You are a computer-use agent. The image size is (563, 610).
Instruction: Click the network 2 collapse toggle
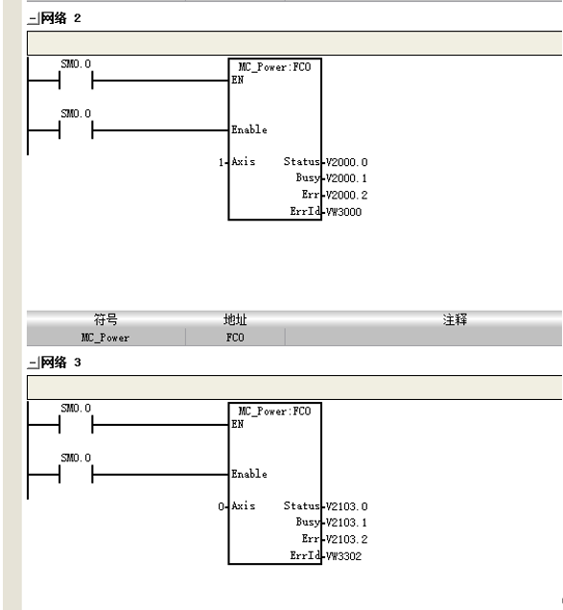coord(33,18)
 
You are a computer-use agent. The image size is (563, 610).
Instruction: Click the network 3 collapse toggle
coord(33,363)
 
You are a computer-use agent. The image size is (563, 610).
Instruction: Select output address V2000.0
coord(346,162)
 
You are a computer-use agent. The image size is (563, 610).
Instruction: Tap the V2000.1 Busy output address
coord(346,178)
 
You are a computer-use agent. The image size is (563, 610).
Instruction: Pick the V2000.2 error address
coord(346,195)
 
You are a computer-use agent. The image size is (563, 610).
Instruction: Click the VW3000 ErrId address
coord(343,212)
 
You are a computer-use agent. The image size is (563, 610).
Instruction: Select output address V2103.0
coord(346,506)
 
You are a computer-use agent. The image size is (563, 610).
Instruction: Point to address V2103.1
coord(346,523)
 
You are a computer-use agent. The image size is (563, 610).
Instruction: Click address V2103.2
coord(346,539)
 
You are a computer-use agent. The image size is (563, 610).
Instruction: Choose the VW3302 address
coord(343,556)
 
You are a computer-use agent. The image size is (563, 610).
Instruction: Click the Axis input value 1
coord(221,162)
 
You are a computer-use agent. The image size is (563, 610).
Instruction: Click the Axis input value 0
coord(221,506)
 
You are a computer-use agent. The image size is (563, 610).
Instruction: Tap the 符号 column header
coord(106,319)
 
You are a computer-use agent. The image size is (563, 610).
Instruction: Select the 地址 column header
coord(235,319)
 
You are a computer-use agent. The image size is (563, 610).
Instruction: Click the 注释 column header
coord(455,319)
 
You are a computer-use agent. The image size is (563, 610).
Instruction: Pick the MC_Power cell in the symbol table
coord(106,338)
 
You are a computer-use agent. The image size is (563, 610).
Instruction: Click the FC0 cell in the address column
coord(235,338)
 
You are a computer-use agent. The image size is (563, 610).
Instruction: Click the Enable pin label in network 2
coord(249,129)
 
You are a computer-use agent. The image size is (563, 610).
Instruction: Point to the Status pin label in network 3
coord(301,505)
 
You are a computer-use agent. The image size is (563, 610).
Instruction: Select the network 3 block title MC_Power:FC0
coord(274,411)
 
